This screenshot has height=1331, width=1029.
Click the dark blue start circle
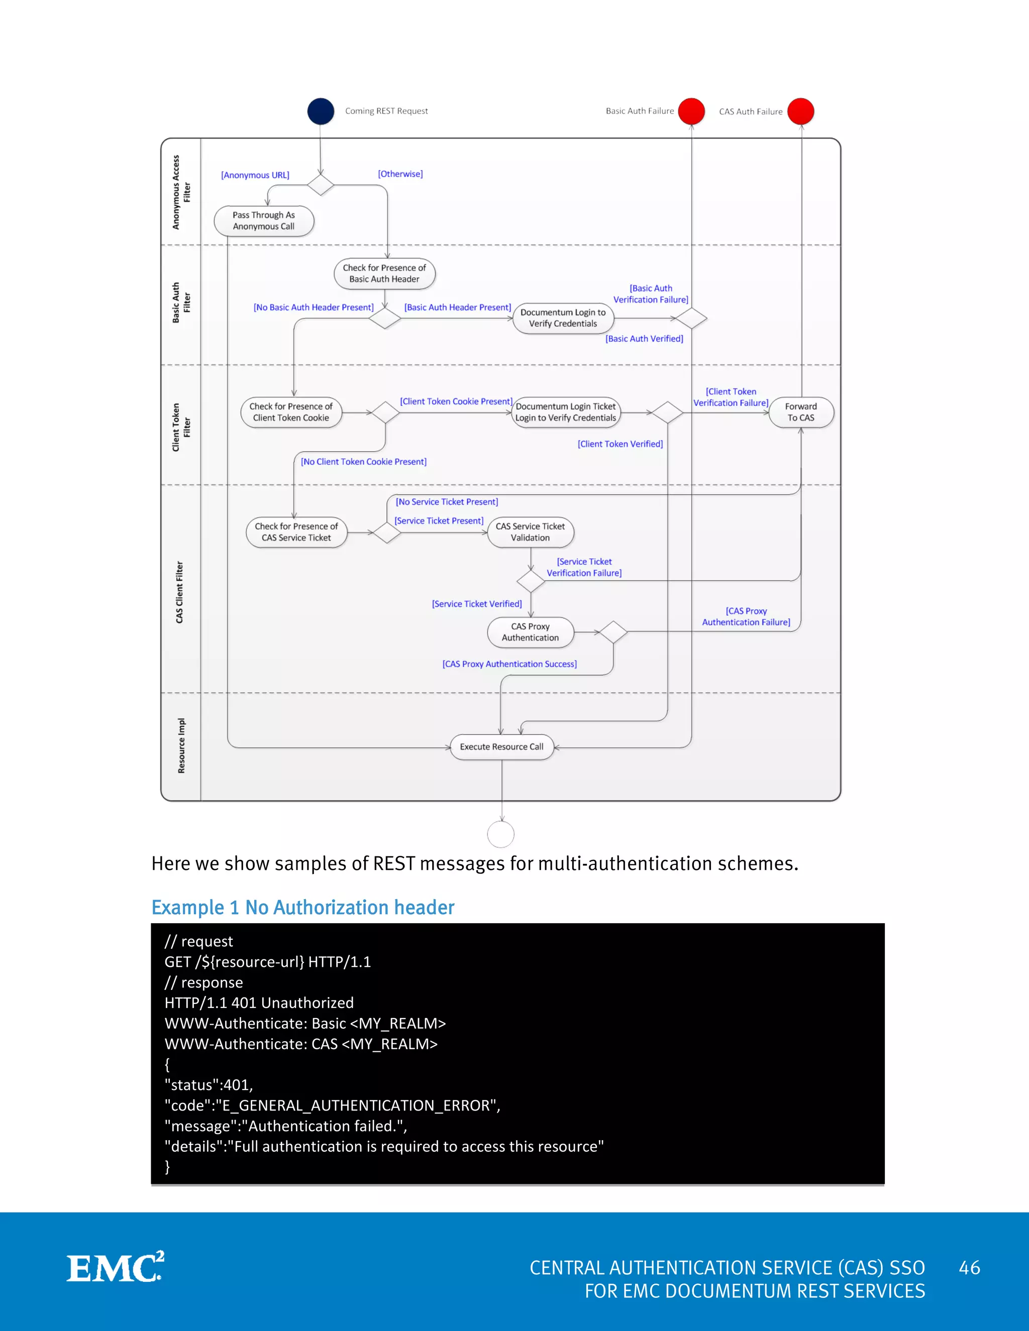[x=321, y=112]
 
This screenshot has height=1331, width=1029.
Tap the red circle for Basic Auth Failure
[x=691, y=112]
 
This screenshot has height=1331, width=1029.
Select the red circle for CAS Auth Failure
[x=800, y=112]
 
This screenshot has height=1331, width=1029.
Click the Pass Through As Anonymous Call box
[x=264, y=220]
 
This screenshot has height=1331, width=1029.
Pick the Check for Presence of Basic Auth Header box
[x=385, y=274]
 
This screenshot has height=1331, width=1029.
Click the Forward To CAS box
[x=800, y=412]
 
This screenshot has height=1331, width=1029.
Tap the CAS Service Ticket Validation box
[x=531, y=532]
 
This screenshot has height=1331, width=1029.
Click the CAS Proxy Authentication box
[x=531, y=632]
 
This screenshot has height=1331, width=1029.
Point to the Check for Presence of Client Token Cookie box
[x=291, y=412]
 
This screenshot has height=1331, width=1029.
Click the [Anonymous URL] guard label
[x=255, y=175]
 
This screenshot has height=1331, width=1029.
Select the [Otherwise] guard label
[x=400, y=174]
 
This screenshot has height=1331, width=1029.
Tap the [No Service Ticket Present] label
[x=447, y=502]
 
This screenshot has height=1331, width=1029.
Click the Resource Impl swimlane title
[x=181, y=746]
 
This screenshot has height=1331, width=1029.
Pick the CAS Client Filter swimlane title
[x=179, y=592]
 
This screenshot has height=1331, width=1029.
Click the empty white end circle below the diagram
[x=501, y=834]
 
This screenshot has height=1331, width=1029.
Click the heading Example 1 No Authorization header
[x=303, y=908]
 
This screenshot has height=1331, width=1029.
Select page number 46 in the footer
[x=969, y=1268]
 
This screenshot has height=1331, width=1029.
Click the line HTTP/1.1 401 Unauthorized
[x=259, y=1003]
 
